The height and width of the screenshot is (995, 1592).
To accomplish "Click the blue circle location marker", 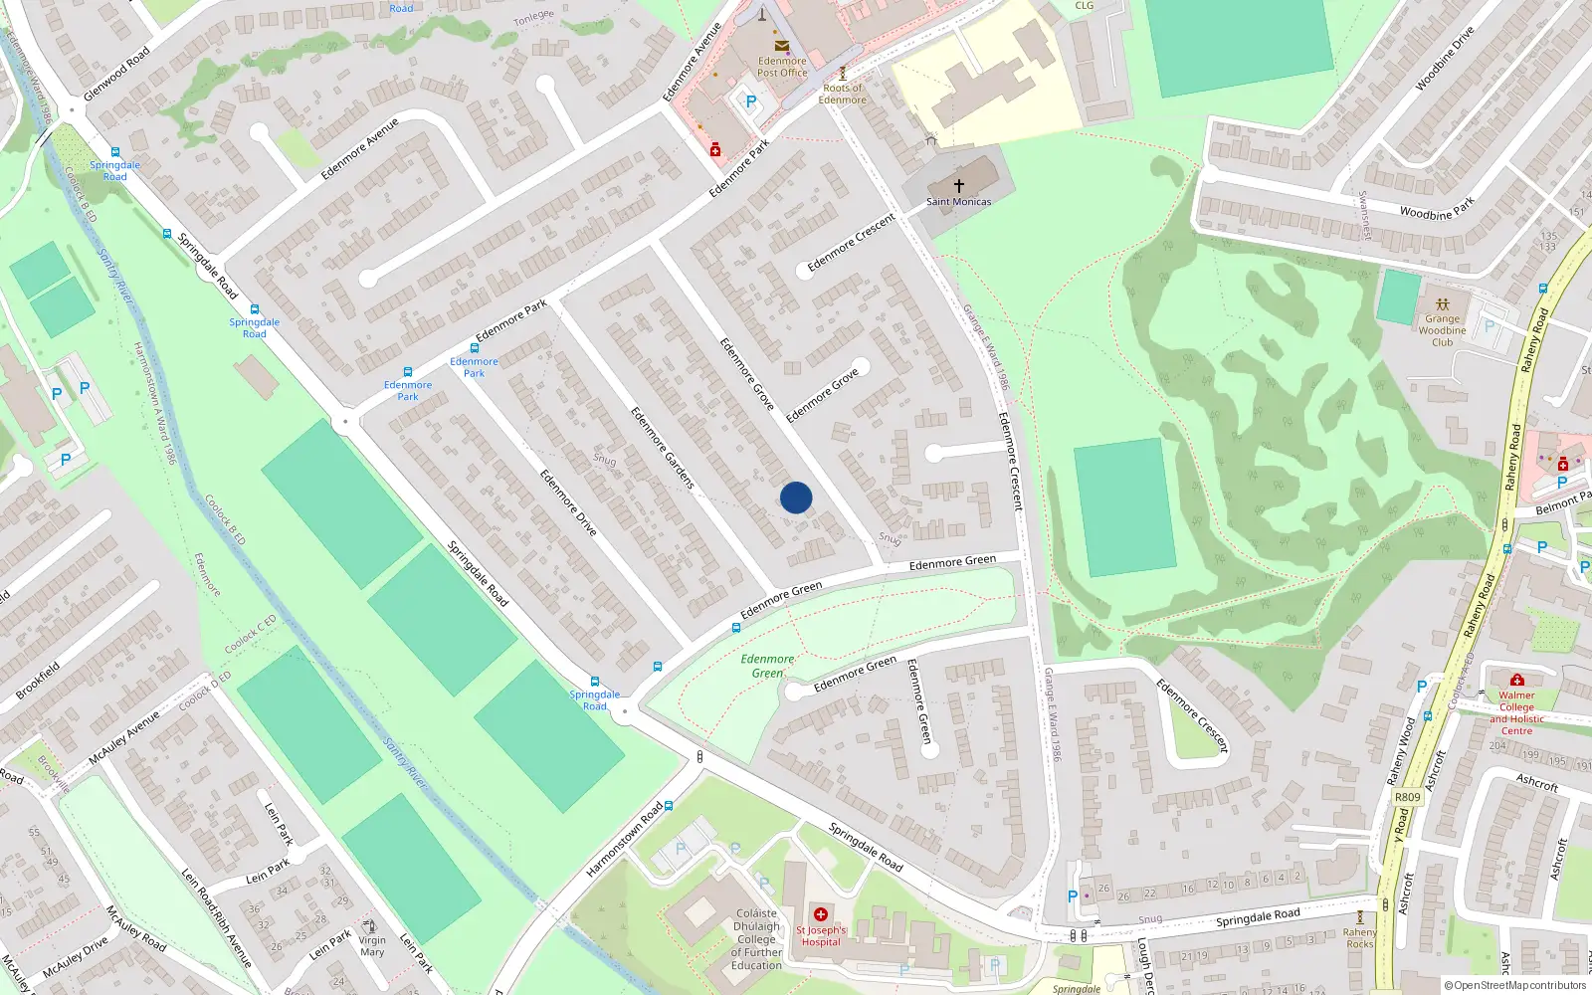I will point(796,497).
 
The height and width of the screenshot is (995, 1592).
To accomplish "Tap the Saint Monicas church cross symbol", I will point(959,186).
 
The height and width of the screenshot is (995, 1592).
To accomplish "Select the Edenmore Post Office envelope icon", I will point(782,46).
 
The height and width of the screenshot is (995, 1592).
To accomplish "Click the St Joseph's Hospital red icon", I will point(821,914).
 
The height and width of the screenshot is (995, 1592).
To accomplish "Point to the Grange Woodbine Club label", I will point(1442,330).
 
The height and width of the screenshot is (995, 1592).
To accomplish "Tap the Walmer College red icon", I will point(1516,681).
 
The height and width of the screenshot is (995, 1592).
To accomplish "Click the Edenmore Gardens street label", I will point(662,447).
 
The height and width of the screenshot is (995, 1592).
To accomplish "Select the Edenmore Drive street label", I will point(568,502).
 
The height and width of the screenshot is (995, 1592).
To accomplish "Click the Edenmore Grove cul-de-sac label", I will point(822,395).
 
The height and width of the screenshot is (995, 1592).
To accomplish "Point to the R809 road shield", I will point(1407,797).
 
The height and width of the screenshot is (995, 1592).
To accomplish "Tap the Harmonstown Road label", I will point(624,840).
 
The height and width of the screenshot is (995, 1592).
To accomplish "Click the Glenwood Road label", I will point(116,74).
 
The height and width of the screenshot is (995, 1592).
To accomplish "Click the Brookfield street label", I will point(38,681).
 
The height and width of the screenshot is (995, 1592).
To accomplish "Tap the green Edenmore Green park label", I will point(767,666).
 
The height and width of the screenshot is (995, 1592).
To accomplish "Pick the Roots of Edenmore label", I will point(842,94).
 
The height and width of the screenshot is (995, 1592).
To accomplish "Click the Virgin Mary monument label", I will point(372,946).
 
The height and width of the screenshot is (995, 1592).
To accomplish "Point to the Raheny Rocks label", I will point(1360,938).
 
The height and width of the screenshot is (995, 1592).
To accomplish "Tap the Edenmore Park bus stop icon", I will point(475,348).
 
